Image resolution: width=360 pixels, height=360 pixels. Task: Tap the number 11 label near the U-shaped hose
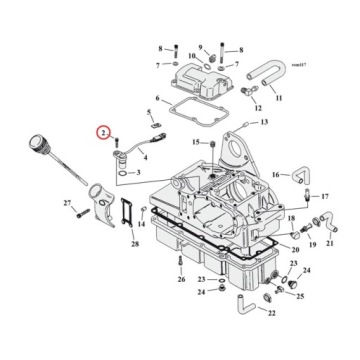(x=279, y=98)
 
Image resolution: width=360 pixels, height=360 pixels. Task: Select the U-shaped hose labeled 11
(x=266, y=73)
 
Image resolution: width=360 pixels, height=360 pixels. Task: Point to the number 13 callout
(x=265, y=122)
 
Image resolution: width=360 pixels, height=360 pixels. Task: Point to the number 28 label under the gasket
(x=135, y=243)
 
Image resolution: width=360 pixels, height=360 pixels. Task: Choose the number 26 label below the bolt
(x=181, y=280)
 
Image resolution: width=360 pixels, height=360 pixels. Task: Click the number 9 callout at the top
(x=200, y=47)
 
